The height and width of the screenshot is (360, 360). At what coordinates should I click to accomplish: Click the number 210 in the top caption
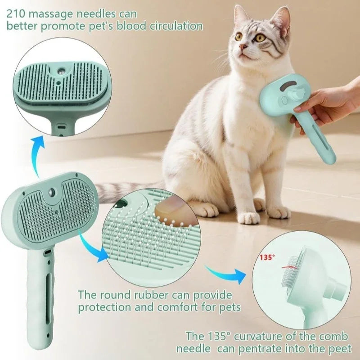[16, 12]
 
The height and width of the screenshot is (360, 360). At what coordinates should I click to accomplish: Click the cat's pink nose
[243, 47]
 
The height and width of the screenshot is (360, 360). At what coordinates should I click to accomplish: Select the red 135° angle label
[266, 258]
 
